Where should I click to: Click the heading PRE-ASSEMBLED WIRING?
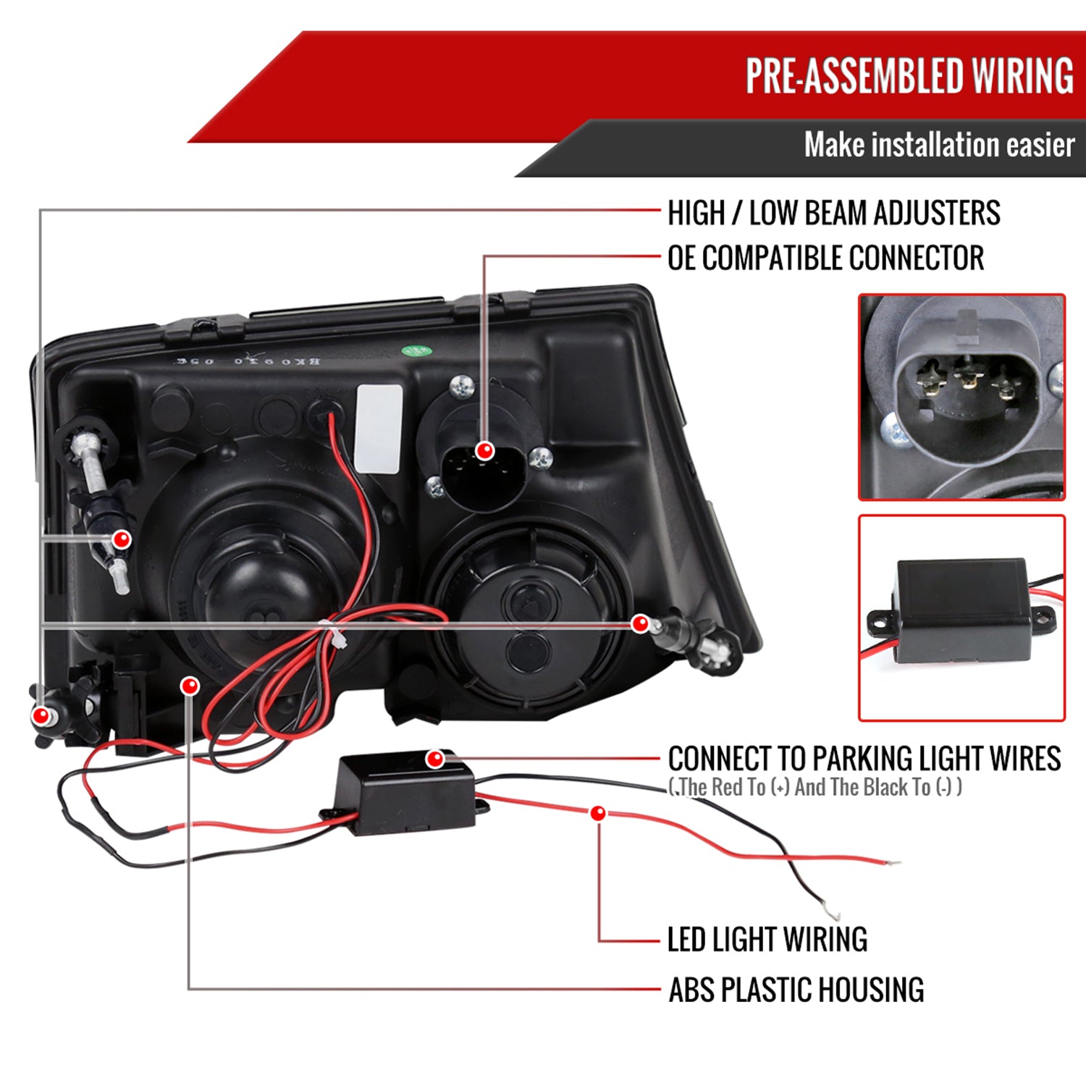tap(909, 76)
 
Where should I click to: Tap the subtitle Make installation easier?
tap(939, 145)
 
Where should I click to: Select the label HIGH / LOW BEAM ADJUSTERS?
tap(833, 213)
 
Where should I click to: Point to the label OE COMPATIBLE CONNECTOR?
tap(825, 258)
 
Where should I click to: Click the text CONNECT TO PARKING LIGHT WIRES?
tap(864, 759)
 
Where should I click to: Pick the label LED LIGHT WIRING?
tap(767, 939)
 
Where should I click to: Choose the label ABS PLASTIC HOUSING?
tap(796, 990)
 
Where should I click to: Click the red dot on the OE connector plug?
tap(484, 451)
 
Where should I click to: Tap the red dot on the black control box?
tap(435, 759)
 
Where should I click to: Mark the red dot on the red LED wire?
tap(598, 813)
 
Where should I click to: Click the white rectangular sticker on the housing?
tap(379, 429)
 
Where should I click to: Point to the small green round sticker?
tap(416, 352)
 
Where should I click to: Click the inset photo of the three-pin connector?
tap(961, 397)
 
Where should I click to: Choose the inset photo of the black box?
tap(961, 618)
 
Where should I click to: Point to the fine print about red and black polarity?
tap(815, 787)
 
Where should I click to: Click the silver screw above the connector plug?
tap(461, 387)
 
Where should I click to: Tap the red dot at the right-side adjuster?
tap(640, 623)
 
